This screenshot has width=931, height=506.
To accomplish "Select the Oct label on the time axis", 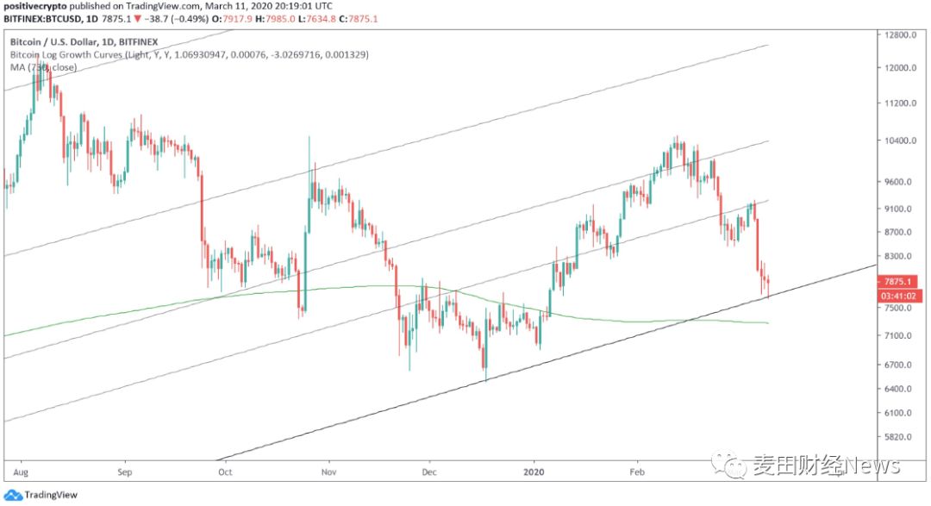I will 226,472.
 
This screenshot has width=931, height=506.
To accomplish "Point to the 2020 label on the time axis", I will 534,472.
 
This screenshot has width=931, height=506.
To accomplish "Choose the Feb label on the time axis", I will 637,472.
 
